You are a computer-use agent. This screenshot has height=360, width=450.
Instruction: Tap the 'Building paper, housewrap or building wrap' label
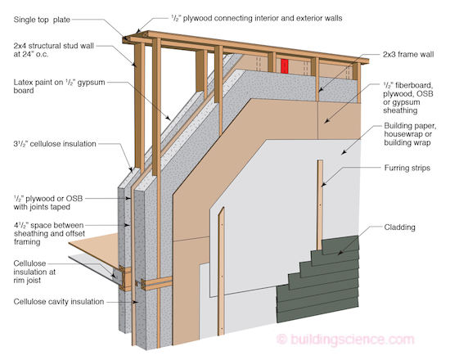(404, 136)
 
